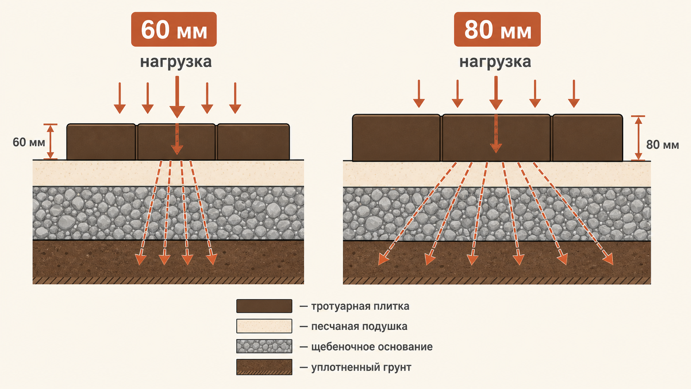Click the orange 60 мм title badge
point(174,29)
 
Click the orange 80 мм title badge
point(497,29)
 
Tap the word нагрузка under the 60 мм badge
point(176,62)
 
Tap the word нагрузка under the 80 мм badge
point(495,62)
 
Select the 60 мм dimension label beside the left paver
point(29,142)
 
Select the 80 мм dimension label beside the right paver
point(662,145)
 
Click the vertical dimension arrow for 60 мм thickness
point(50,142)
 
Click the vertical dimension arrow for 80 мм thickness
point(638,138)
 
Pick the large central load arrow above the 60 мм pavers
point(177,97)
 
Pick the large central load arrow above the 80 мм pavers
point(496,93)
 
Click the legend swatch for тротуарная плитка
point(264,306)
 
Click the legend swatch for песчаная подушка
point(264,326)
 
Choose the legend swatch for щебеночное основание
point(264,346)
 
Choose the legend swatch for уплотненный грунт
point(264,367)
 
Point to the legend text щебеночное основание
point(372,347)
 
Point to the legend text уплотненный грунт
point(361,368)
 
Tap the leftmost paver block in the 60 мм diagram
point(101,142)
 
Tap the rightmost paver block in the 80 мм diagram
point(588,138)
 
